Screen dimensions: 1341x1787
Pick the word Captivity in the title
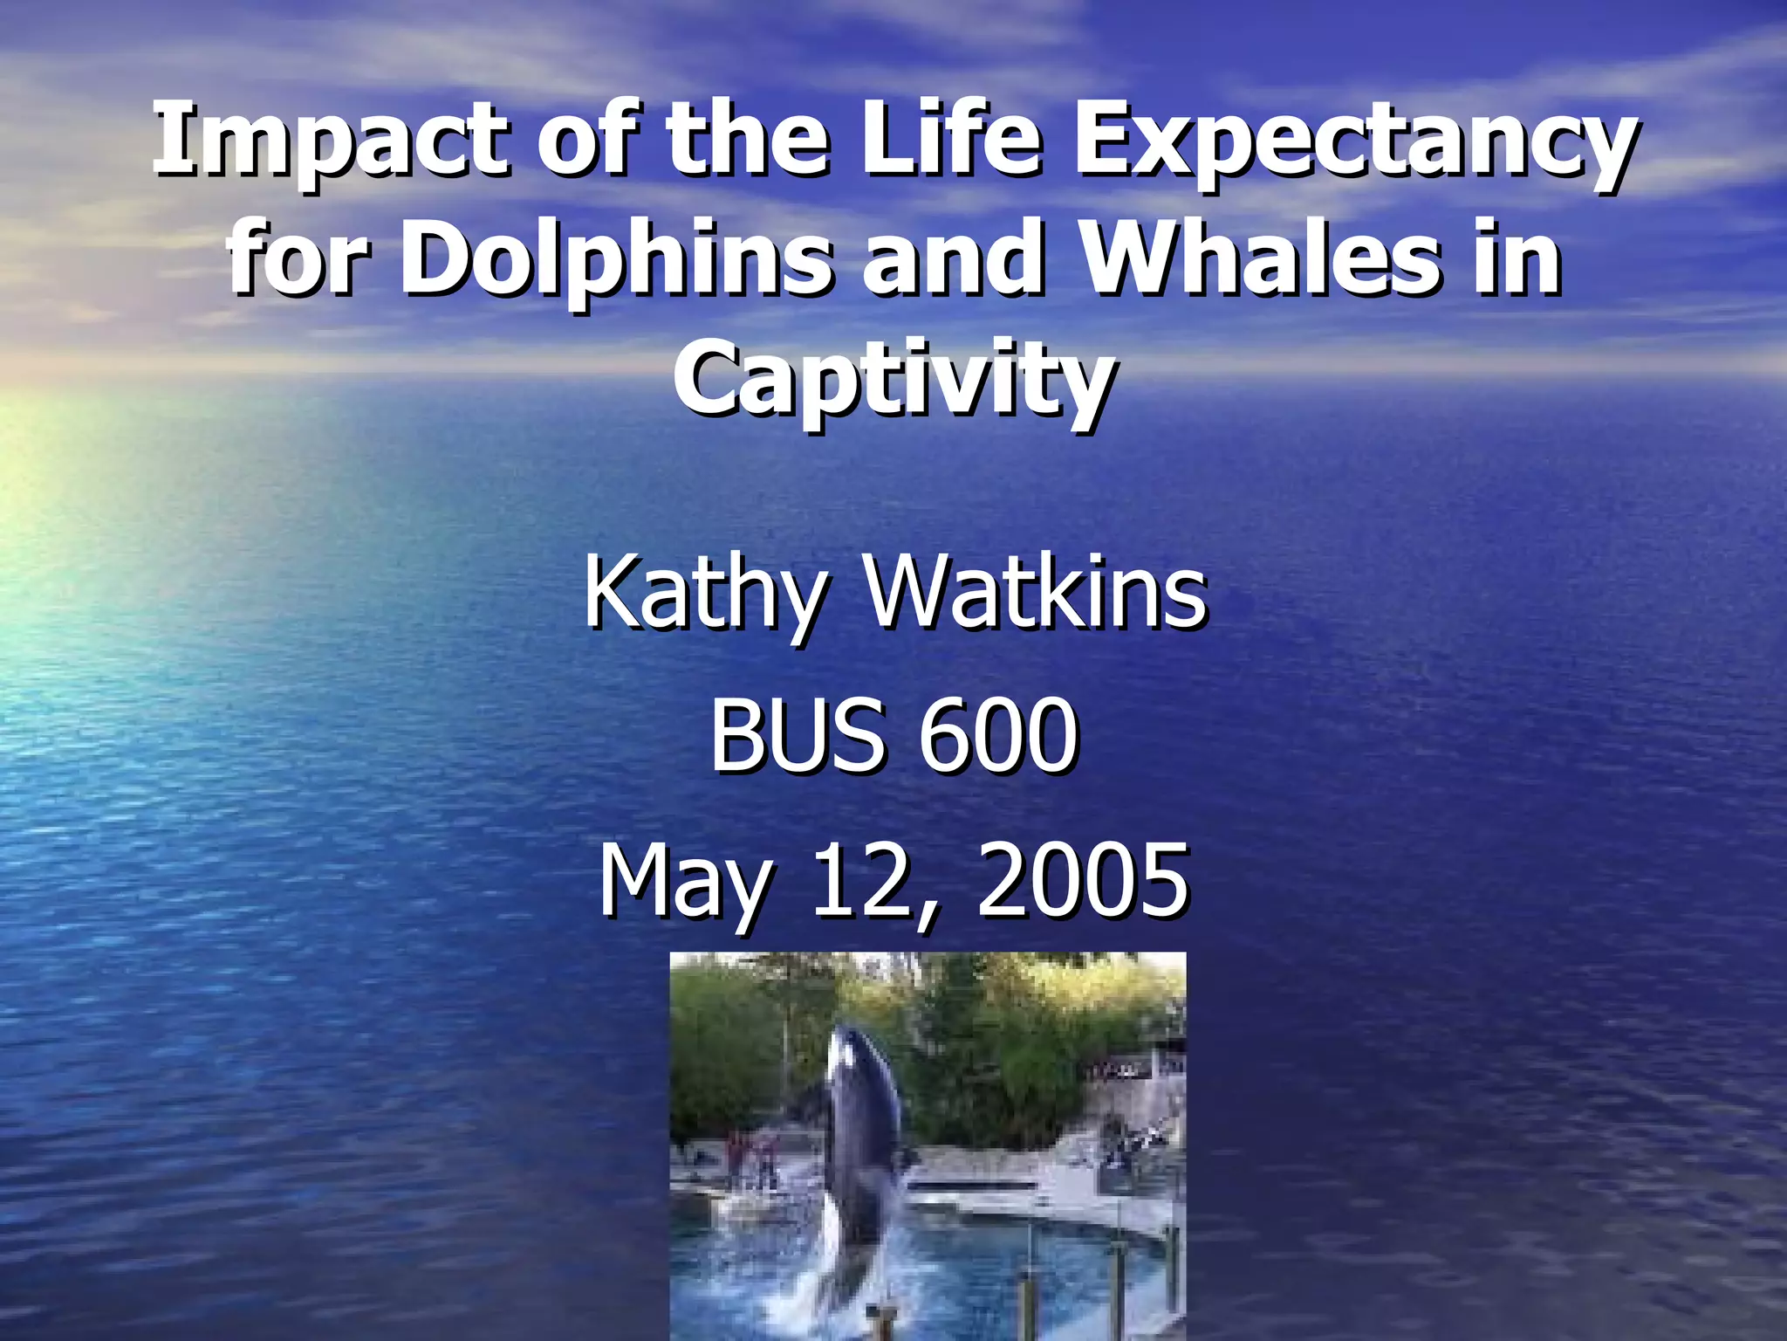tap(893, 381)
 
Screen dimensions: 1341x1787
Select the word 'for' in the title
tap(293, 258)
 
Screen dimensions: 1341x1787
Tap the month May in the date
tap(686, 882)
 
